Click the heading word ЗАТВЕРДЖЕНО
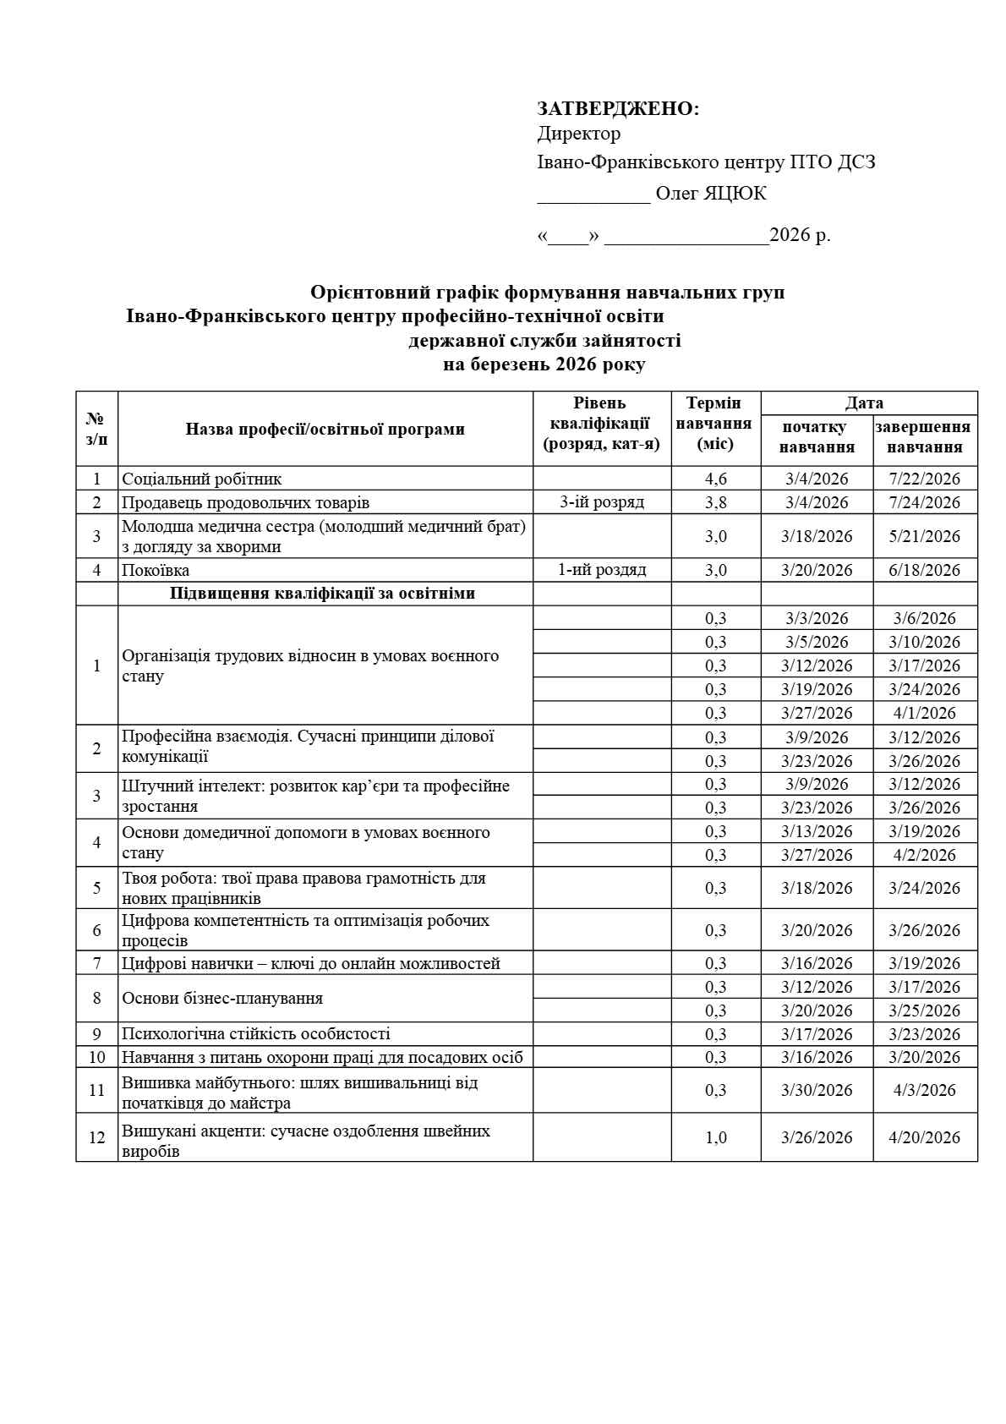(617, 108)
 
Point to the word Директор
(579, 134)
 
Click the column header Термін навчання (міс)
(715, 424)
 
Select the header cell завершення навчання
(924, 437)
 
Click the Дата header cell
(864, 403)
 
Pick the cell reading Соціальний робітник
(202, 479)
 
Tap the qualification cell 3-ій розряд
(602, 502)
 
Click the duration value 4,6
(715, 479)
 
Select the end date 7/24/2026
(924, 502)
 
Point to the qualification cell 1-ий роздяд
(602, 570)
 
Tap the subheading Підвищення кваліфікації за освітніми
(322, 594)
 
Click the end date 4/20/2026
(924, 1137)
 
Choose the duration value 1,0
(715, 1137)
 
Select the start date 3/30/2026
(817, 1090)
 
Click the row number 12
(96, 1137)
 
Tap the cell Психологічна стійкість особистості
(256, 1034)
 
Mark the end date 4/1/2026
(924, 713)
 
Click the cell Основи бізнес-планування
(222, 999)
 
